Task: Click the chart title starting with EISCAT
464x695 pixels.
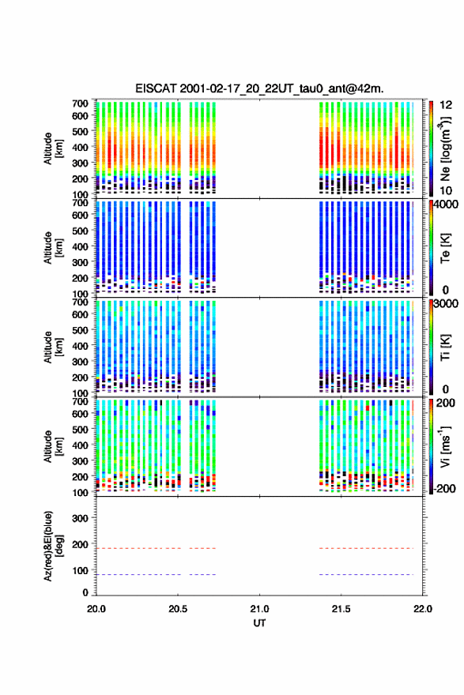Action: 259,88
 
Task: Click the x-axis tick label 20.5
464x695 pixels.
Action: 177,609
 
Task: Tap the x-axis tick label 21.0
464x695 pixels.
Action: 259,609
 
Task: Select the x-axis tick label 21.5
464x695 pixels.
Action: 341,609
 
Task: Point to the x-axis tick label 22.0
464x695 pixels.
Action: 423,609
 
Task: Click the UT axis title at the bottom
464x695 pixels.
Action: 259,623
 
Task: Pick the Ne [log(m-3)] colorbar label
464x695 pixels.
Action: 445,148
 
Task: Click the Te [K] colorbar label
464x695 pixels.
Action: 445,248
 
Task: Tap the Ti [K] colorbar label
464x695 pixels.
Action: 445,347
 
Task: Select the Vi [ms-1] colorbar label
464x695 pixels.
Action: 445,446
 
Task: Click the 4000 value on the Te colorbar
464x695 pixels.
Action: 447,205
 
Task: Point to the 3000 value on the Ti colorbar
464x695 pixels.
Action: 447,303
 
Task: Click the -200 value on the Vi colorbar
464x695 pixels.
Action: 444,488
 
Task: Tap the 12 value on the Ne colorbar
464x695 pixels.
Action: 446,105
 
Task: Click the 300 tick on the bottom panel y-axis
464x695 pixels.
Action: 80,518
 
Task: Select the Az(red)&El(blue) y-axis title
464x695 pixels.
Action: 53,546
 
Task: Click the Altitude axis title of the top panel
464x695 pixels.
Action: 53,148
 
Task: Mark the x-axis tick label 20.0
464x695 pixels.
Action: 96,609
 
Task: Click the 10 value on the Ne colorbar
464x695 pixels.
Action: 446,190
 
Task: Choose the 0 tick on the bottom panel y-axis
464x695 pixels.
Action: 85,592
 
